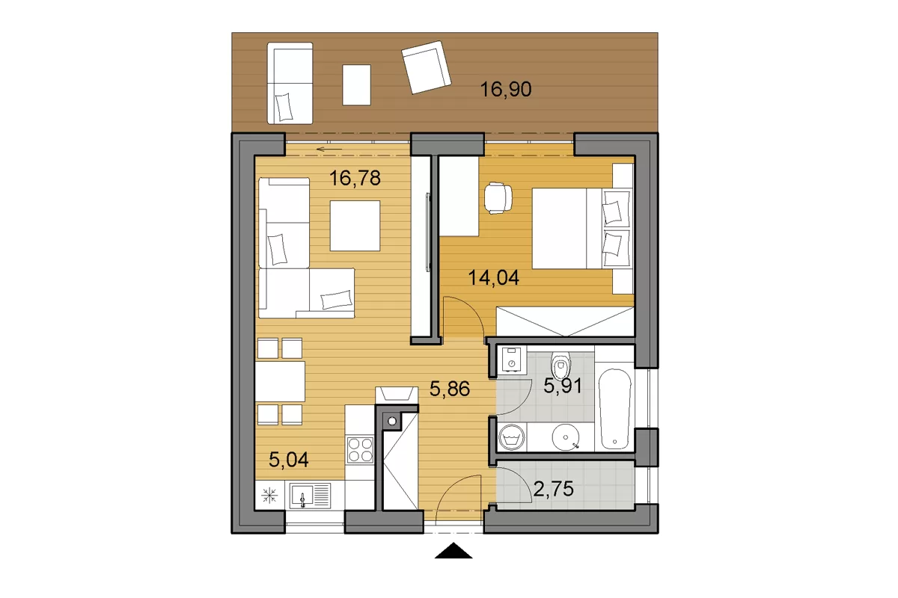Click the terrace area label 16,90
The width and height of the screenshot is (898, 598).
pos(506,89)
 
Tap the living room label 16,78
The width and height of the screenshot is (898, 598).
pos(355,178)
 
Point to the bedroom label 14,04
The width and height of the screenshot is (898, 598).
pos(493,277)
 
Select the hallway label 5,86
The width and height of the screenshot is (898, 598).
pos(450,389)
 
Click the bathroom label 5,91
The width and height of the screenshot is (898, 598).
pos(563,386)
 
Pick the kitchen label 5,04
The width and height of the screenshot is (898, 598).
pos(289,460)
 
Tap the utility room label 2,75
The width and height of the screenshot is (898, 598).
pos(553,489)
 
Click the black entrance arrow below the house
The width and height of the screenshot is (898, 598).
pos(453,550)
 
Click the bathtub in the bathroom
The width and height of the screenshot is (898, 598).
pos(614,409)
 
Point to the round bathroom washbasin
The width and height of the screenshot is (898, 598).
pos(565,437)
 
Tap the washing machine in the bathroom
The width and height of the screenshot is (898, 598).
pos(511,437)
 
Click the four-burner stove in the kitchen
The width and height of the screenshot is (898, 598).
pos(361,450)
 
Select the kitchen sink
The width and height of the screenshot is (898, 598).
pos(310,496)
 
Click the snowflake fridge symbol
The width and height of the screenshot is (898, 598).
pos(269,496)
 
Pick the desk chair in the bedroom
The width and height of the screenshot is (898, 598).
pos(498,197)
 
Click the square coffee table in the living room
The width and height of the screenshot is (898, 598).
pos(355,226)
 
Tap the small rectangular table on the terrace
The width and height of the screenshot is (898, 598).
pos(356,85)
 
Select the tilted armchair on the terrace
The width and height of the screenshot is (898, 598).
pos(426,67)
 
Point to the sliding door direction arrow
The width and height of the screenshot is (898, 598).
pos(329,149)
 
